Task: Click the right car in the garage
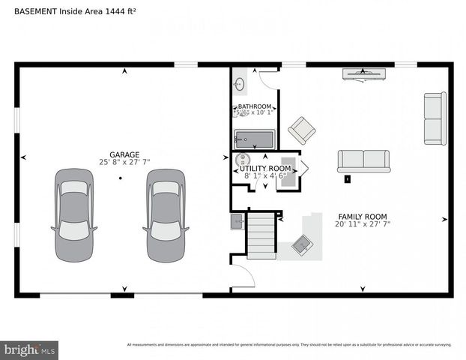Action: tap(165, 215)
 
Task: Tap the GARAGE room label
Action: tap(124, 154)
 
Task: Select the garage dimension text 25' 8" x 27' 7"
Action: tap(124, 163)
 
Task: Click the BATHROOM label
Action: tap(255, 107)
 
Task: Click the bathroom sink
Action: tap(240, 83)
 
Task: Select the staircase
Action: tap(261, 235)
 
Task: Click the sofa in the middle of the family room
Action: tap(363, 160)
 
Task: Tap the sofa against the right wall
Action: tap(435, 118)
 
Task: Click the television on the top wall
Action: tap(364, 73)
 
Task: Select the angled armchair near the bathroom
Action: tap(302, 130)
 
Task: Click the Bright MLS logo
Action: tap(30, 349)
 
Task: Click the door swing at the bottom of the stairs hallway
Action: tap(243, 276)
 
